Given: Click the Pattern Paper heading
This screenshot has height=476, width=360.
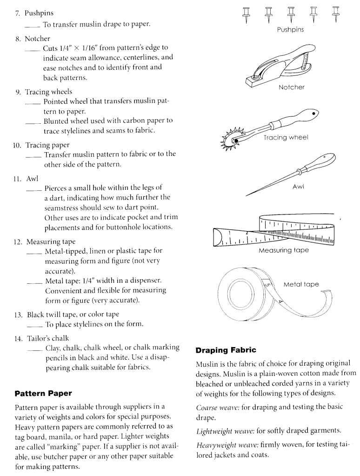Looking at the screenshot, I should [43, 393].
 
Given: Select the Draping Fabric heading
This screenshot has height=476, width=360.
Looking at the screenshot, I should [226, 349].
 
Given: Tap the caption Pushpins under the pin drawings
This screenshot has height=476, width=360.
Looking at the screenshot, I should [290, 30].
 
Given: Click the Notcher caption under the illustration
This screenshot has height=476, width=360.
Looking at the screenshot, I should [291, 87].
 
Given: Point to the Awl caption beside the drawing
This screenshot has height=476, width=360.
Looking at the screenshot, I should [298, 187].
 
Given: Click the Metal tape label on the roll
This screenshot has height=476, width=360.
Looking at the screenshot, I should [301, 284].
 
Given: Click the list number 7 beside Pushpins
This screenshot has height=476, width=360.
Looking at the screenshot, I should [18, 13].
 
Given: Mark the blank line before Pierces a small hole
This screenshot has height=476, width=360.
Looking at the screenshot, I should [34, 188].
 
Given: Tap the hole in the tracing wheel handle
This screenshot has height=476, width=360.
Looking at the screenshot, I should [315, 114].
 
